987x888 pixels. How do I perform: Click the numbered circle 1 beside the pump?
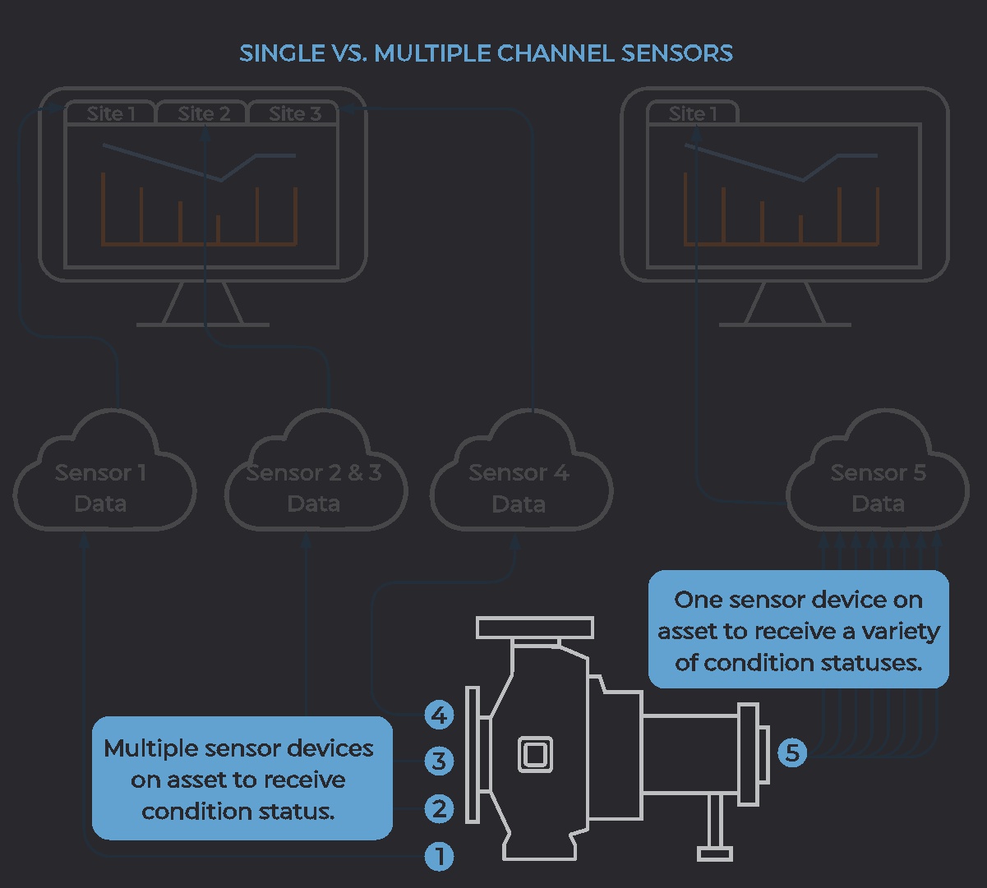click(440, 857)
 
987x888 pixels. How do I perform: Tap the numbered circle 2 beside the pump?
click(440, 808)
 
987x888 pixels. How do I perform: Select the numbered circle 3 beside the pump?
click(440, 761)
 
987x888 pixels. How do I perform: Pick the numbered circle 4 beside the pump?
click(440, 715)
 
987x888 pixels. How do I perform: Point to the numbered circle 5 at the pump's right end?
click(792, 752)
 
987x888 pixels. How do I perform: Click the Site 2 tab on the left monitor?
click(203, 113)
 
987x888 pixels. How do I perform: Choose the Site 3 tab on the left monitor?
click(295, 113)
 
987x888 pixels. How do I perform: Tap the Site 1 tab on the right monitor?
click(693, 113)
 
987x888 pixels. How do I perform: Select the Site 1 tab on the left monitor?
click(111, 113)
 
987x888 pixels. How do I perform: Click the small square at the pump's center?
click(535, 754)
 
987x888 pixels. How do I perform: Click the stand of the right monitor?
click(785, 305)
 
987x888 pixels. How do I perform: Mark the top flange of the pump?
click(535, 628)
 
